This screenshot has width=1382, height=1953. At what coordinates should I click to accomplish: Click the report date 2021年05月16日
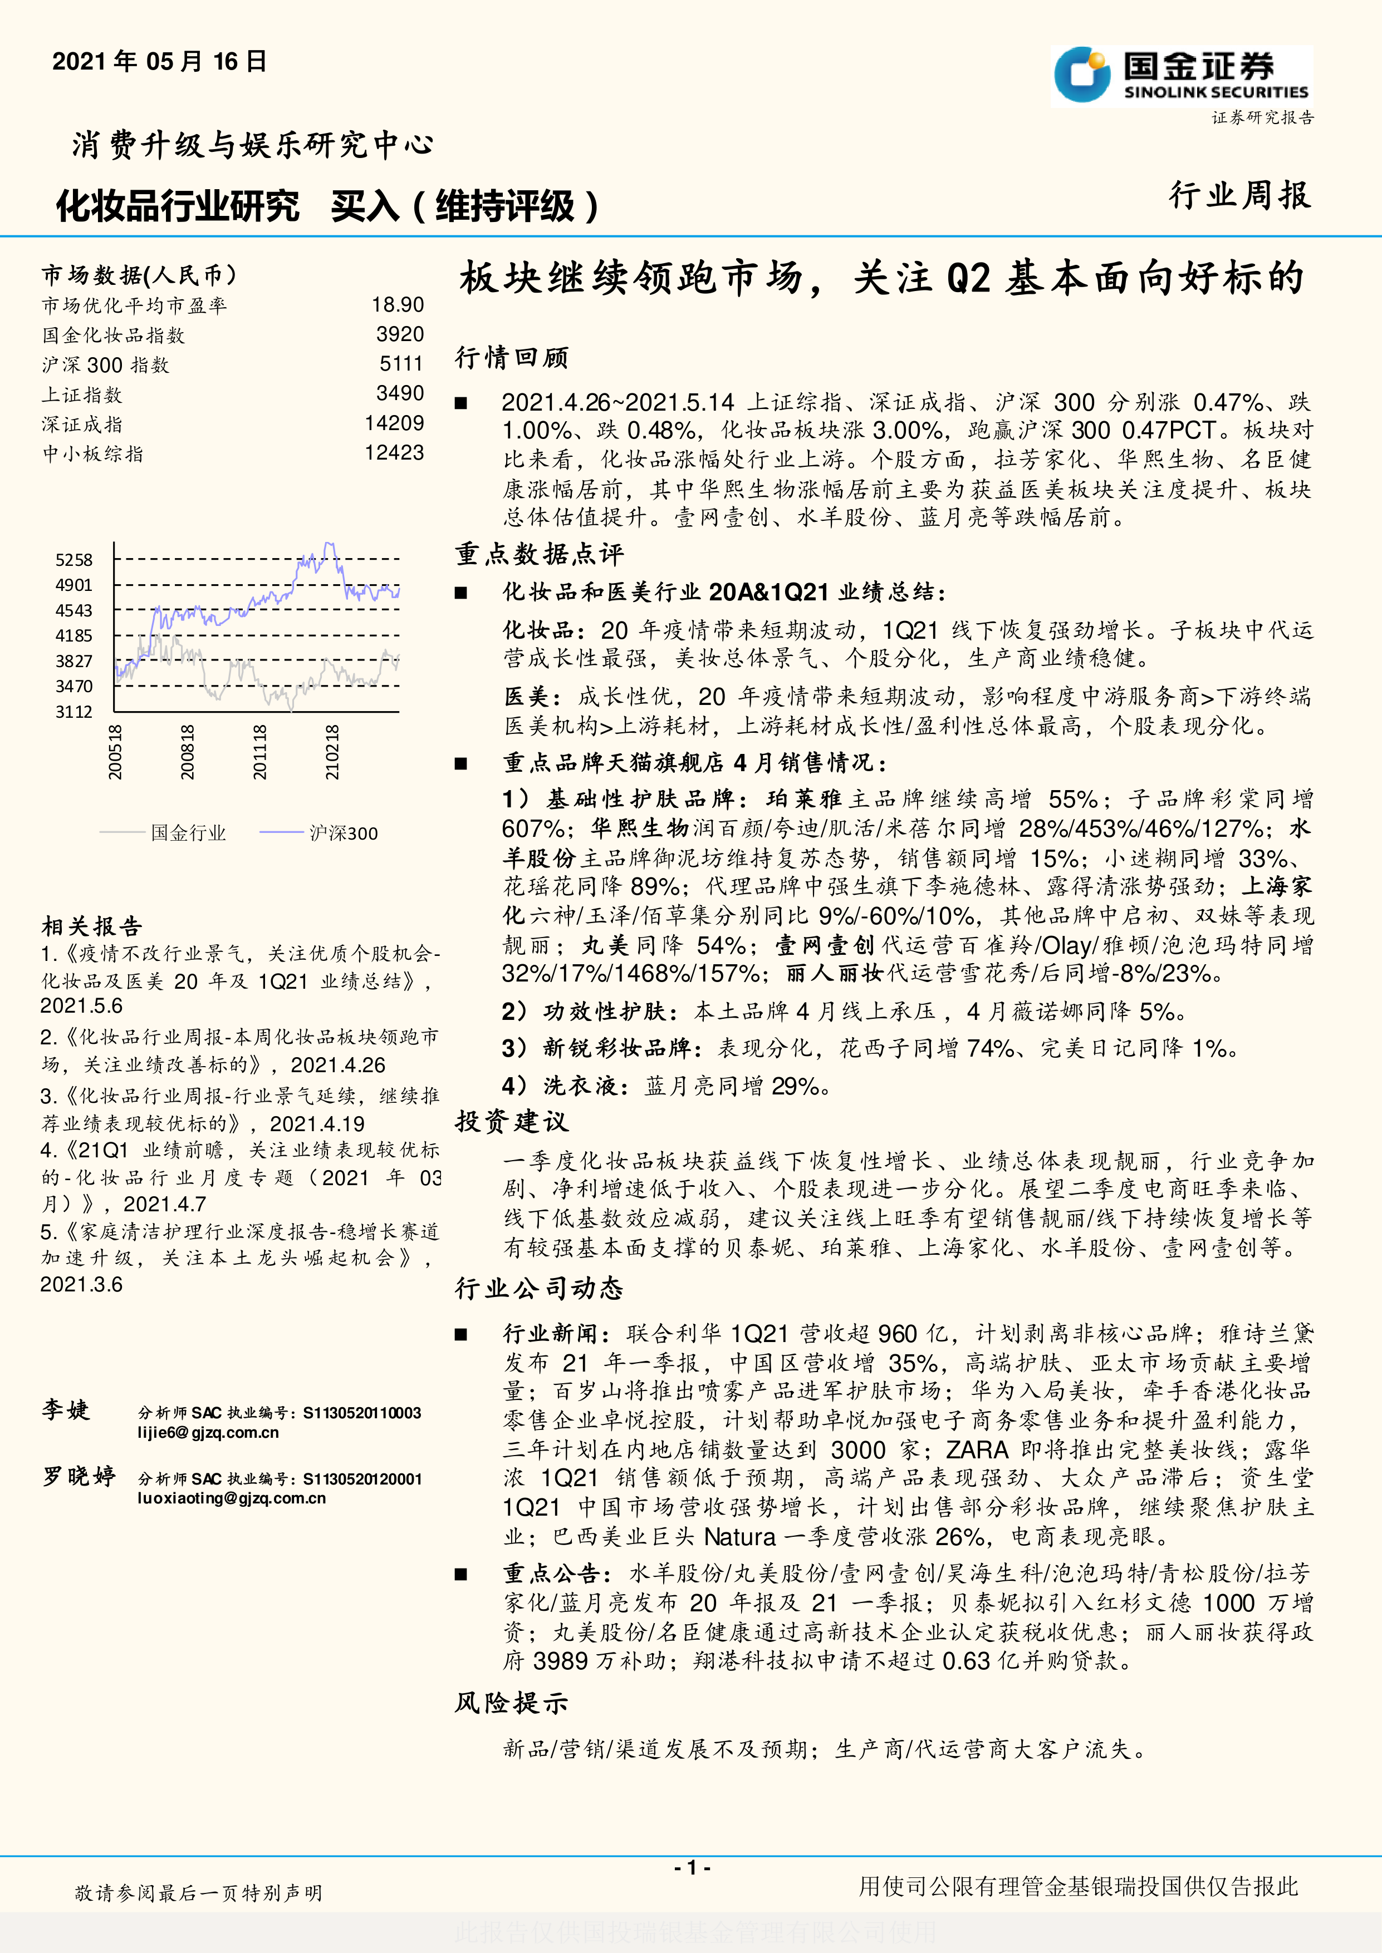[159, 61]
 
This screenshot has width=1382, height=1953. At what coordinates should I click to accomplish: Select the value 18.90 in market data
[398, 304]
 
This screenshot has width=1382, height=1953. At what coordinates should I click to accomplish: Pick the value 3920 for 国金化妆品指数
[400, 334]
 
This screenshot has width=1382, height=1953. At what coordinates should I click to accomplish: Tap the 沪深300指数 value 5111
[401, 364]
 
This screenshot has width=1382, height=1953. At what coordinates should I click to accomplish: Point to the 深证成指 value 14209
[394, 423]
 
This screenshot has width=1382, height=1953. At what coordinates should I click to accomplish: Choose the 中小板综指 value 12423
[394, 452]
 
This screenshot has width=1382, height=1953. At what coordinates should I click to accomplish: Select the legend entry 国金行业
[188, 833]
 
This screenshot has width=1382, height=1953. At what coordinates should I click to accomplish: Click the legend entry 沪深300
[343, 833]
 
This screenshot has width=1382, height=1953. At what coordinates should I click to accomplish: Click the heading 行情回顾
[512, 357]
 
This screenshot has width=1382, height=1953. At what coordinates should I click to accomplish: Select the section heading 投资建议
[512, 1121]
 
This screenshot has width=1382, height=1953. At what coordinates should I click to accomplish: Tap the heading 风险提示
[512, 1702]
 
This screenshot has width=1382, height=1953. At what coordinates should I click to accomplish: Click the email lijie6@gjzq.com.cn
[208, 1432]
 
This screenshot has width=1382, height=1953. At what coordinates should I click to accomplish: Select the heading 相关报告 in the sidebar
[92, 926]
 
